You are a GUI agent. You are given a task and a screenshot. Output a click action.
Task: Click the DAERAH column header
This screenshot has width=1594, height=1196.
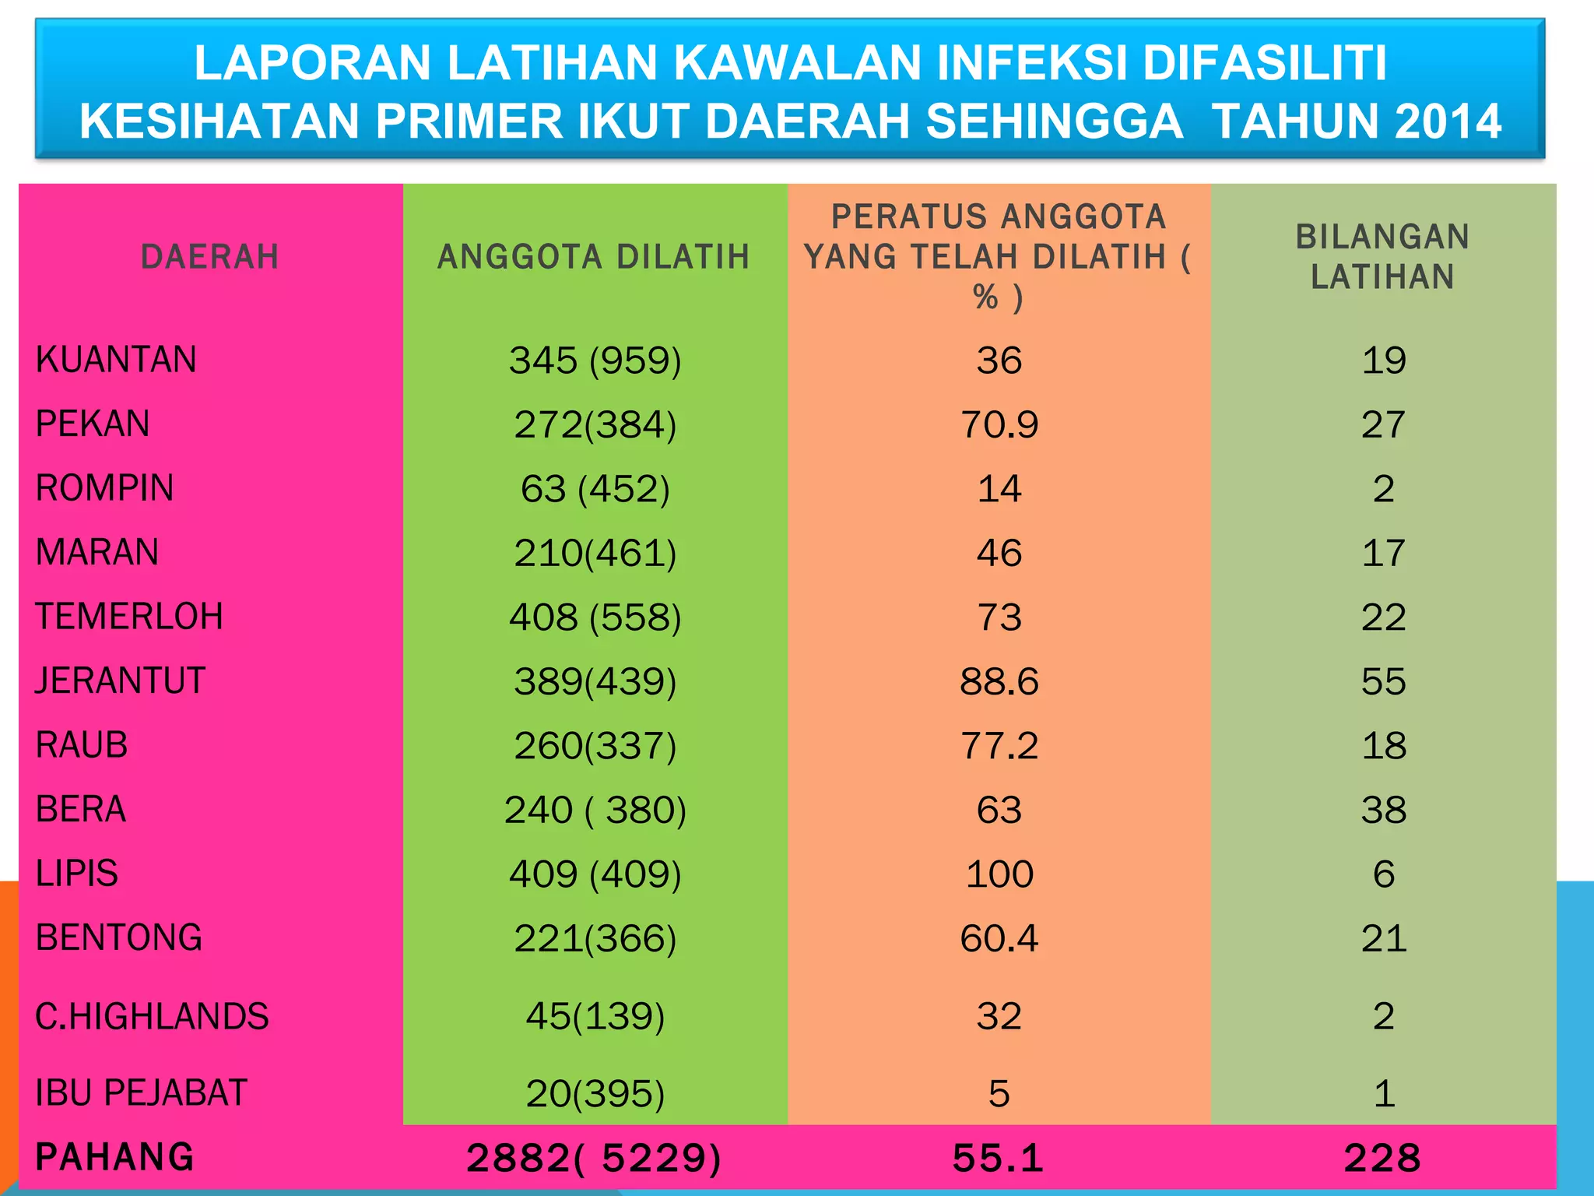tap(209, 257)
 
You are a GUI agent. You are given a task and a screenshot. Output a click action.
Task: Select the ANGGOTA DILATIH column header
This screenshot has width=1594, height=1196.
tap(594, 257)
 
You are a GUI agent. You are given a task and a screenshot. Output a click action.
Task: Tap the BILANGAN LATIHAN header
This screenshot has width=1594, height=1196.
tap(1382, 257)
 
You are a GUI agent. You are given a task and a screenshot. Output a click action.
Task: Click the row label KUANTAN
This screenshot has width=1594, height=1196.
tap(116, 360)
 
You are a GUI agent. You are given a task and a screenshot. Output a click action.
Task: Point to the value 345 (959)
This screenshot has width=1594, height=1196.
tap(595, 361)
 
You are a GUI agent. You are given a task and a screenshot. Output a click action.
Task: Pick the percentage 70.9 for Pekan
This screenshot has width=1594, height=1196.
tap(999, 425)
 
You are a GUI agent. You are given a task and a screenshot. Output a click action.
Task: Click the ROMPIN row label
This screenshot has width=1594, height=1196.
tap(105, 488)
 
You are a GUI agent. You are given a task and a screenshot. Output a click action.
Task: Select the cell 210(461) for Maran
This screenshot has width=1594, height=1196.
tap(595, 554)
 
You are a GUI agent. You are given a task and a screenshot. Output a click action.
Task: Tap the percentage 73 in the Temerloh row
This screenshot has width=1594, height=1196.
tap(999, 617)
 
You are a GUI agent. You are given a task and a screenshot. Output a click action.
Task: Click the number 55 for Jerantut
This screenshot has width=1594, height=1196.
tap(1383, 682)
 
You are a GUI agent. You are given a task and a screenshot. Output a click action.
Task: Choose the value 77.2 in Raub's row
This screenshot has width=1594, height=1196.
tap(999, 746)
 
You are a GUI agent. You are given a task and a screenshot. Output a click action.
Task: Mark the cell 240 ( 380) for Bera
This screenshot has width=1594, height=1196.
tap(595, 810)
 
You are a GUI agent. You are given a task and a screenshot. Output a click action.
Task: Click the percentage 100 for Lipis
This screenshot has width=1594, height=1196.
tap(999, 874)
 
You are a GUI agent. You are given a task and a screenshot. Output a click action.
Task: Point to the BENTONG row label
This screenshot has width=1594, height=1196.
tap(119, 937)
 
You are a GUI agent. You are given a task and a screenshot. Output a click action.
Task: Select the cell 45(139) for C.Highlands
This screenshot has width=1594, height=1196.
tap(595, 1016)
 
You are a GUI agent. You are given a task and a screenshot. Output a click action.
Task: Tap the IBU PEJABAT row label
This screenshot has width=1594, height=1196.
tap(142, 1092)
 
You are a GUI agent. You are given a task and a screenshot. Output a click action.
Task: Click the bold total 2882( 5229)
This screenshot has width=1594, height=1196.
tap(594, 1158)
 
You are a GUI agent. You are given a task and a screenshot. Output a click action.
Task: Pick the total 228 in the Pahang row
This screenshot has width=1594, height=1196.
tap(1382, 1158)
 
